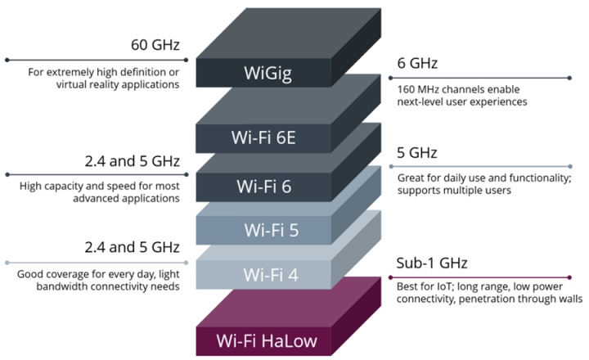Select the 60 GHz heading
(x=155, y=44)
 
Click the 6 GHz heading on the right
(x=418, y=62)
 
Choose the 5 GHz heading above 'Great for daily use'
(x=418, y=153)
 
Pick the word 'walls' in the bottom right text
(x=568, y=299)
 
